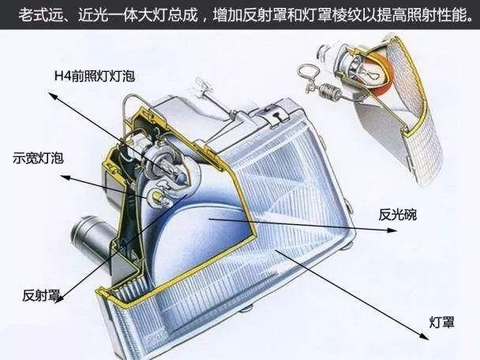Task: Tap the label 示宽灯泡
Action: click(x=36, y=158)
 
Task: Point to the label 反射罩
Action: click(x=39, y=296)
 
